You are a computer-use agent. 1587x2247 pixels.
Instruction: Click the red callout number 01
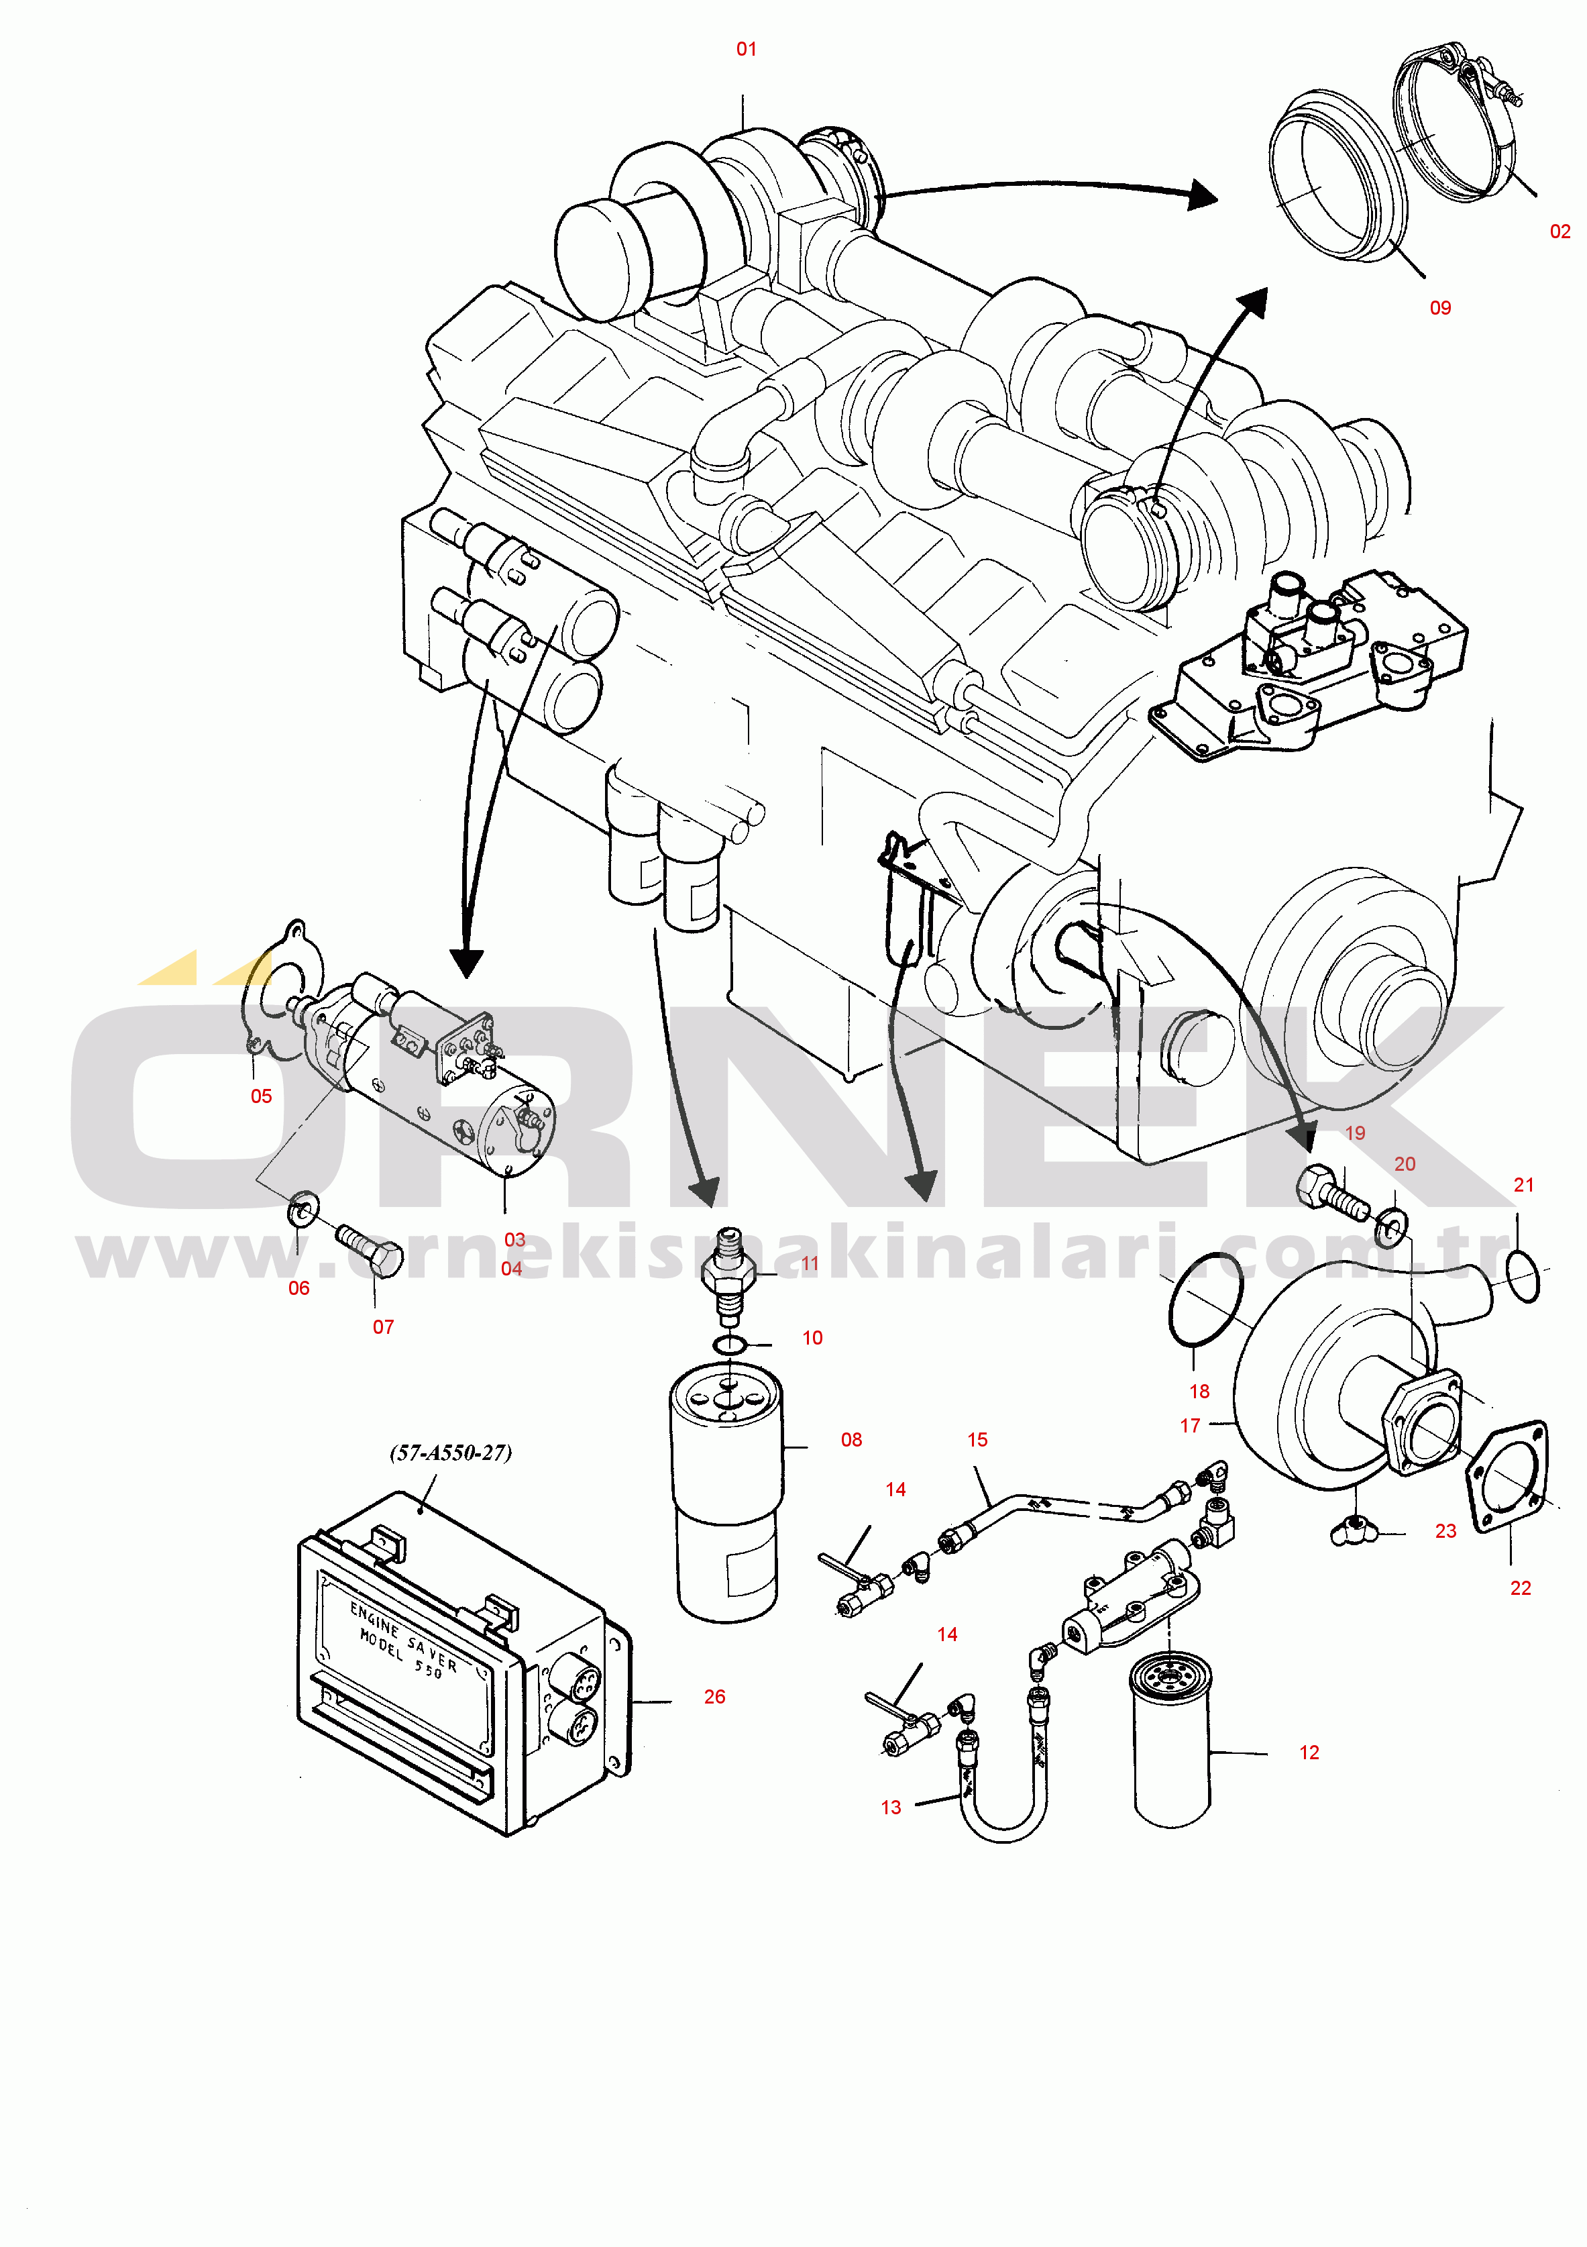(x=747, y=49)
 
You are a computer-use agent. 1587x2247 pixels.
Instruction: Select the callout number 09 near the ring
(x=1440, y=307)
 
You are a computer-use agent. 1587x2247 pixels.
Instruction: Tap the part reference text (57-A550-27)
(x=451, y=1453)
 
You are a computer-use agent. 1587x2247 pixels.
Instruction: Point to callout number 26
(x=715, y=1696)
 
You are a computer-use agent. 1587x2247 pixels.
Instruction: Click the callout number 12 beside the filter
(x=1309, y=1752)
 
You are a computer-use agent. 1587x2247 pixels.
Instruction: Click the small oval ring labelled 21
(x=1523, y=1278)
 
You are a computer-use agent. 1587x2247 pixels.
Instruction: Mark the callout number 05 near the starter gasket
(x=261, y=1096)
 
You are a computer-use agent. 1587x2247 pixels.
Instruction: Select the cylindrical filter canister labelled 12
(x=1171, y=1739)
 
